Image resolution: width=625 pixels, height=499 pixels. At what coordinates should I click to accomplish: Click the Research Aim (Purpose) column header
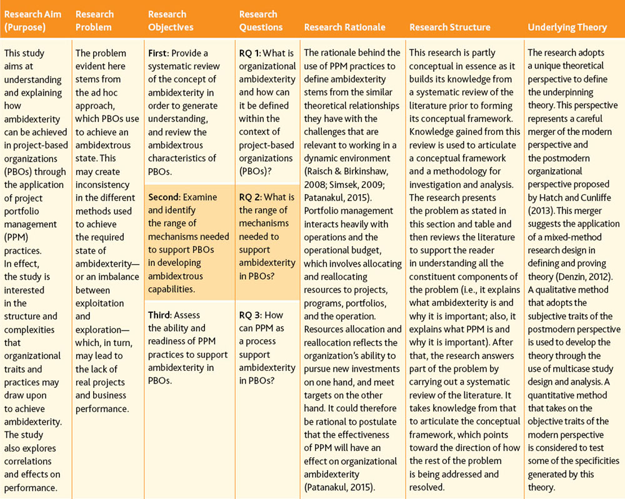[32, 21]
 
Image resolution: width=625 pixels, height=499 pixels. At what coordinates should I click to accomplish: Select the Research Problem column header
[94, 21]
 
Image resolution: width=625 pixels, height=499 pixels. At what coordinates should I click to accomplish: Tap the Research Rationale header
[344, 27]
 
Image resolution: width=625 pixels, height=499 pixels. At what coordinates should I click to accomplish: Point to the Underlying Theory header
[567, 27]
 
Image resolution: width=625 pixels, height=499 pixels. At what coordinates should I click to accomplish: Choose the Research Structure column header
[449, 27]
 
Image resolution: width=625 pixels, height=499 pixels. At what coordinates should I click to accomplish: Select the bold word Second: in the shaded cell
[164, 197]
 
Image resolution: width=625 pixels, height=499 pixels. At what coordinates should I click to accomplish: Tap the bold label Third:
[160, 315]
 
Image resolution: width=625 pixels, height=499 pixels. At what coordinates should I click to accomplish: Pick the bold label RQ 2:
[251, 197]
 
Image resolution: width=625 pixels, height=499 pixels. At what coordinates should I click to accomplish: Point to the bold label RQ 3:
[251, 315]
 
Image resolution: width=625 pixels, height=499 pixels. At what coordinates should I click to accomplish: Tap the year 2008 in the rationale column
[314, 185]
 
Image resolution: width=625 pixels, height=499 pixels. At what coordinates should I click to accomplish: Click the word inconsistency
[102, 185]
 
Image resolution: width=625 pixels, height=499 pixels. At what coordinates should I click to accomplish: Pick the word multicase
[573, 368]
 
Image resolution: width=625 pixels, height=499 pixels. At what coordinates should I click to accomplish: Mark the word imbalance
[119, 277]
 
